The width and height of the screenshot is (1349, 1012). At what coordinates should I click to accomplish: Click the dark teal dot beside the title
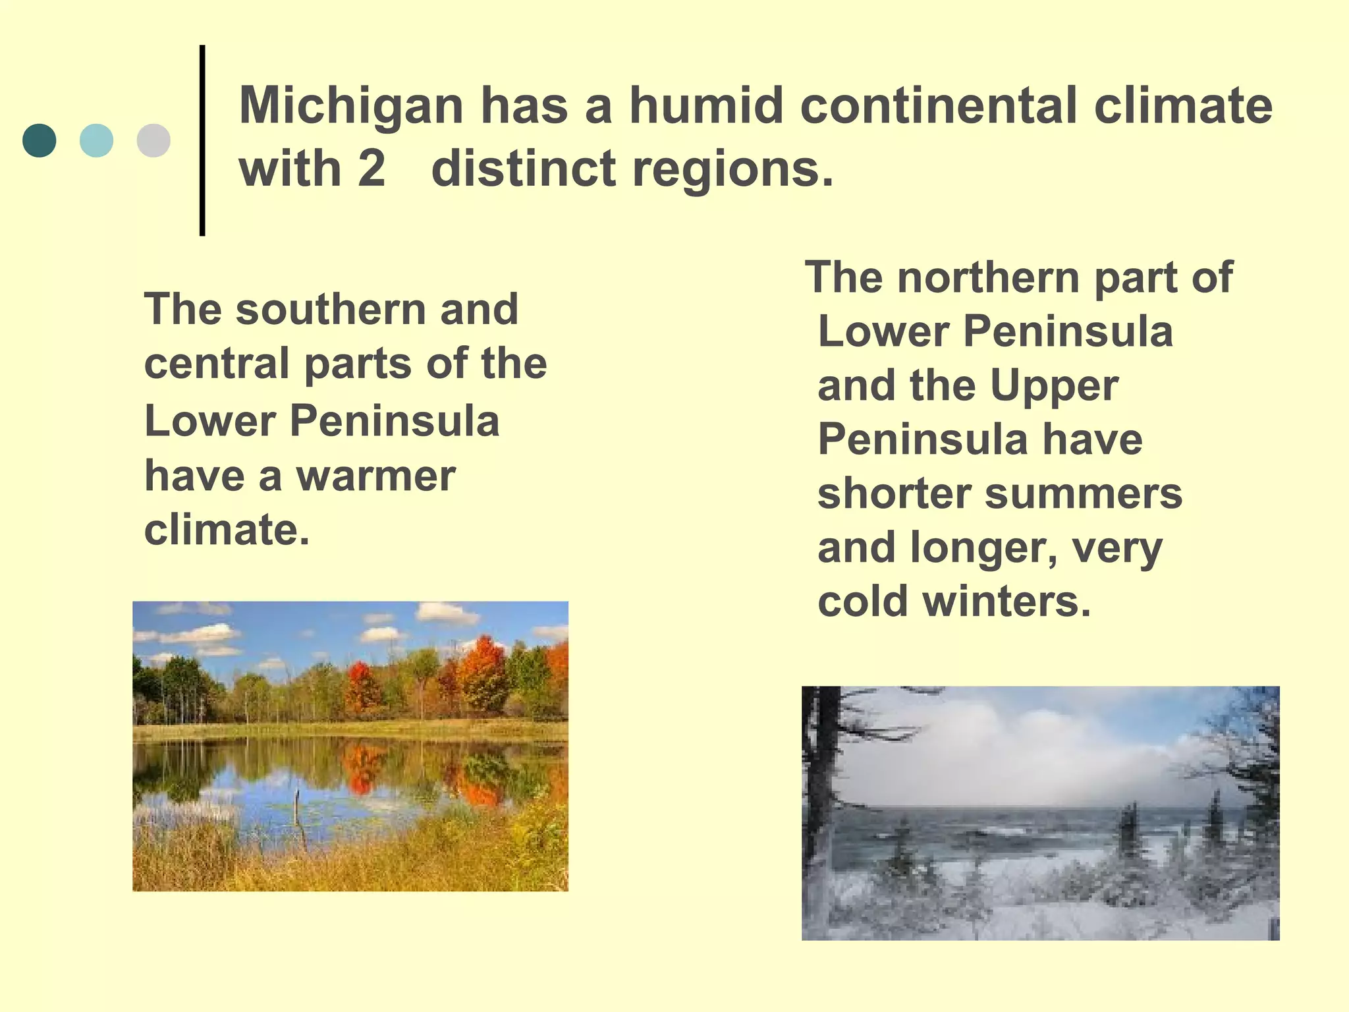40,140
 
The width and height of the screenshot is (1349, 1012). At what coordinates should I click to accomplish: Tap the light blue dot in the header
96,140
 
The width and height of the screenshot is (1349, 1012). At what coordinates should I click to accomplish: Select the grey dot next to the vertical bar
153,140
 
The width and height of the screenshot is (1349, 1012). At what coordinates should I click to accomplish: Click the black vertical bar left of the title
202,140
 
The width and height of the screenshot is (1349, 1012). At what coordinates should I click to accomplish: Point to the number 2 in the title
372,169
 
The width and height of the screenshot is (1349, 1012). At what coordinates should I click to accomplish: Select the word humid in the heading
705,105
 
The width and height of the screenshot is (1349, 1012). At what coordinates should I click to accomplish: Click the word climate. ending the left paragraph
227,530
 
